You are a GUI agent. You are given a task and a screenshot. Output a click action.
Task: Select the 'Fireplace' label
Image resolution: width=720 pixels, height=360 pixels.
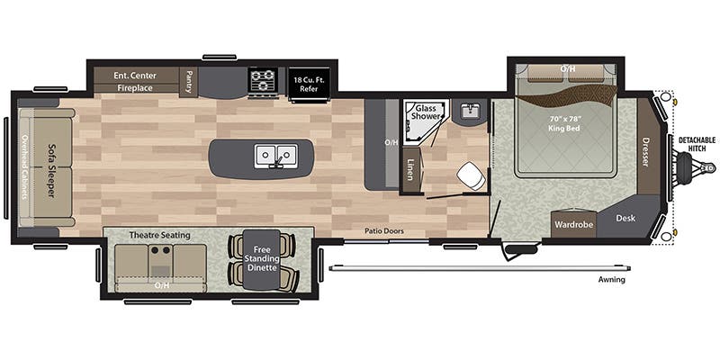click(135, 87)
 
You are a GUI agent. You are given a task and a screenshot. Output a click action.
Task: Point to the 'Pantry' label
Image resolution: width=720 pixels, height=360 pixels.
click(189, 82)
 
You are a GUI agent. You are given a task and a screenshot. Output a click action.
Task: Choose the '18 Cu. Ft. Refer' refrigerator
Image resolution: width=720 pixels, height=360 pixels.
click(309, 83)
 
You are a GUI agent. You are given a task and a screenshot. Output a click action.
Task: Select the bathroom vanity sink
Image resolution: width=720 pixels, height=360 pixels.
click(469, 112)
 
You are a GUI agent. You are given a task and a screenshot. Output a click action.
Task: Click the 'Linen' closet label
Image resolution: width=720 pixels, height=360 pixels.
click(409, 168)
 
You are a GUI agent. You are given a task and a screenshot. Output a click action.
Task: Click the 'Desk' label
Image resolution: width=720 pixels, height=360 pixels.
click(625, 218)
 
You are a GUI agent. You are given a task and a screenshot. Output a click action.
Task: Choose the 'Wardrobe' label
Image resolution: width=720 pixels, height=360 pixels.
click(573, 224)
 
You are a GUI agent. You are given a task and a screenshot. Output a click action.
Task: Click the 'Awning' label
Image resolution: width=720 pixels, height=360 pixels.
click(611, 280)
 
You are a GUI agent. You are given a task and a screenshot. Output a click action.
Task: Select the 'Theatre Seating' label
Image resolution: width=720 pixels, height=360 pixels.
click(159, 235)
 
